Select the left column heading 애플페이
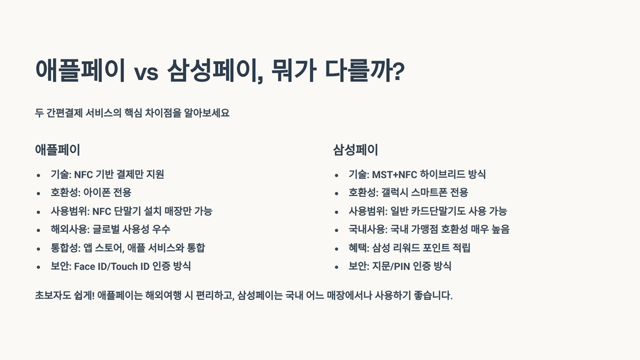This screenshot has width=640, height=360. point(57,150)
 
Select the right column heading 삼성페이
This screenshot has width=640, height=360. point(356,150)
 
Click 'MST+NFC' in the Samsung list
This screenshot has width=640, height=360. point(394,174)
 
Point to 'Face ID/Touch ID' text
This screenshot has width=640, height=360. point(111,266)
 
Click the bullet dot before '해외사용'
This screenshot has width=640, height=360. point(39,230)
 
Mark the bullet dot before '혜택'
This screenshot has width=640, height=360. point(337,249)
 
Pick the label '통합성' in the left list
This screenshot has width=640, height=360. point(64,248)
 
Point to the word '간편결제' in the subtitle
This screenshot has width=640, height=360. point(64,113)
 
